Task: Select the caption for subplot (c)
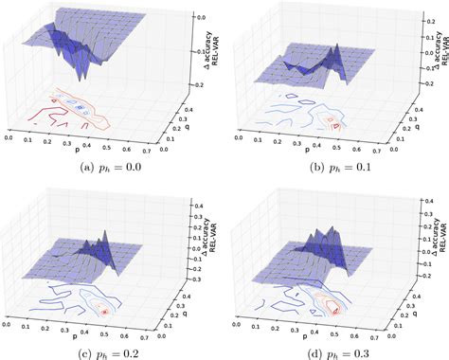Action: click(x=113, y=351)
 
